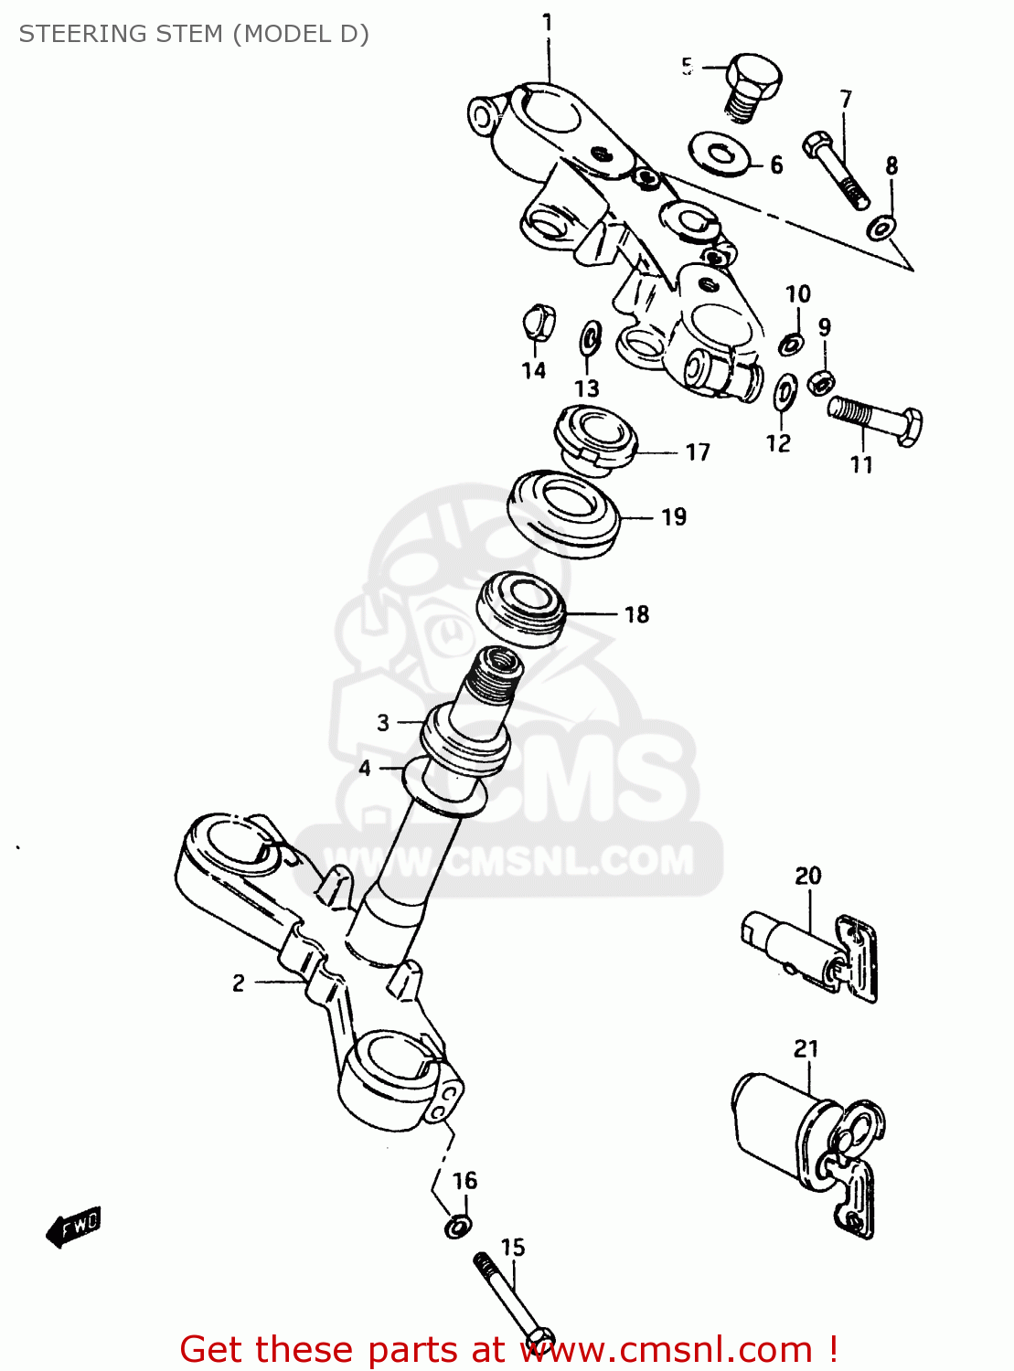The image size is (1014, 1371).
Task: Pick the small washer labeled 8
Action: (x=881, y=226)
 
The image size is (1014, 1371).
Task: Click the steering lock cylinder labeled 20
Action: (x=805, y=951)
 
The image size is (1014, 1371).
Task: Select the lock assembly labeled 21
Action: (x=805, y=1133)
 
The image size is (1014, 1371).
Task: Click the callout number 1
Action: (x=547, y=22)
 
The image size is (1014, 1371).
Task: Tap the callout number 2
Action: (x=239, y=983)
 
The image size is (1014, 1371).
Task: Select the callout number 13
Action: (x=586, y=388)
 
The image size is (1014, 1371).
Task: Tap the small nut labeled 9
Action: (x=821, y=379)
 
